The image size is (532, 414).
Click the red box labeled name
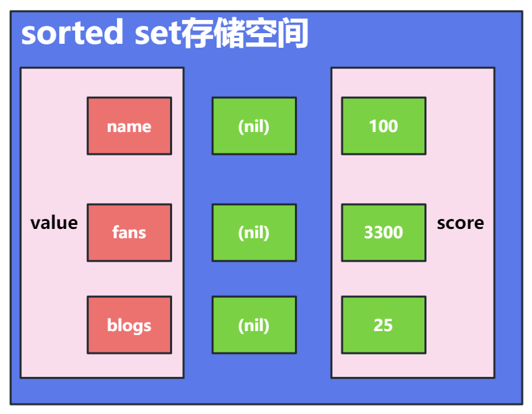(130, 125)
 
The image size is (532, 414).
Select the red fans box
(130, 232)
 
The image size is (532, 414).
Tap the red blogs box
(130, 325)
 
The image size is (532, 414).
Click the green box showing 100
(384, 125)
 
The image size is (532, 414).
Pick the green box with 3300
(384, 232)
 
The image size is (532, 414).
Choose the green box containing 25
(384, 325)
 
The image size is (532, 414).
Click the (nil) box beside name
(254, 125)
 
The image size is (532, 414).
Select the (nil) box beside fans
(254, 232)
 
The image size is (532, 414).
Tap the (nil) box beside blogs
(254, 325)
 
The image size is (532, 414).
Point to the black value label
(54, 223)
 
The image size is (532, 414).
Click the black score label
(460, 224)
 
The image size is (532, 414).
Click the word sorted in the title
(72, 33)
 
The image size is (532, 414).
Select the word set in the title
(158, 34)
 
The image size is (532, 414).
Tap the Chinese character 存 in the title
(198, 33)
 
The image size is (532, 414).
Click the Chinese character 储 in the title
(229, 33)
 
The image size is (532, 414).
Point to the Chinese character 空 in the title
(260, 33)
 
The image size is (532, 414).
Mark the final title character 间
(292, 33)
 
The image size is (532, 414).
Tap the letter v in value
(35, 224)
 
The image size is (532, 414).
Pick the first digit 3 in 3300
(369, 233)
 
